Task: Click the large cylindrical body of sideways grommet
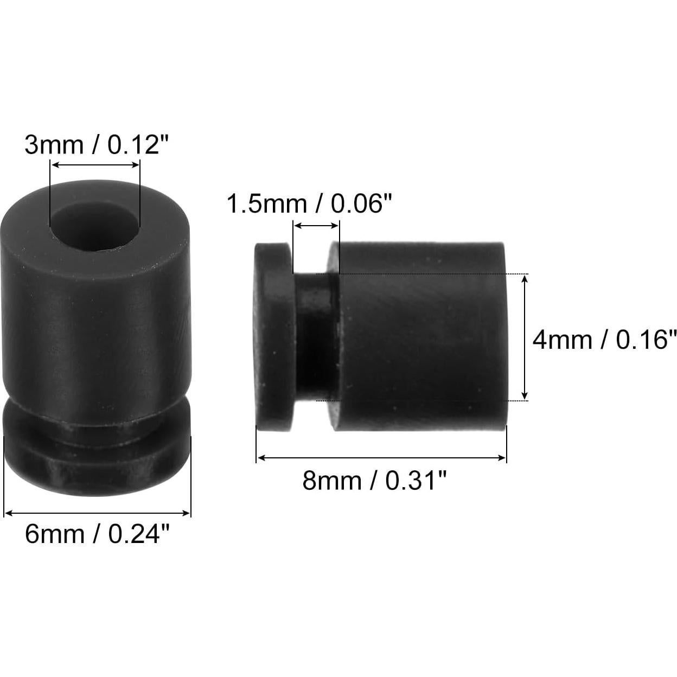point(420,336)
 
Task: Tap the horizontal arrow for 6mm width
point(98,513)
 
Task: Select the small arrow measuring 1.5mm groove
point(316,226)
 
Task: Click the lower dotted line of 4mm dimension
point(429,400)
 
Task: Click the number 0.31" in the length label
point(416,481)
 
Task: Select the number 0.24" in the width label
point(140,535)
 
